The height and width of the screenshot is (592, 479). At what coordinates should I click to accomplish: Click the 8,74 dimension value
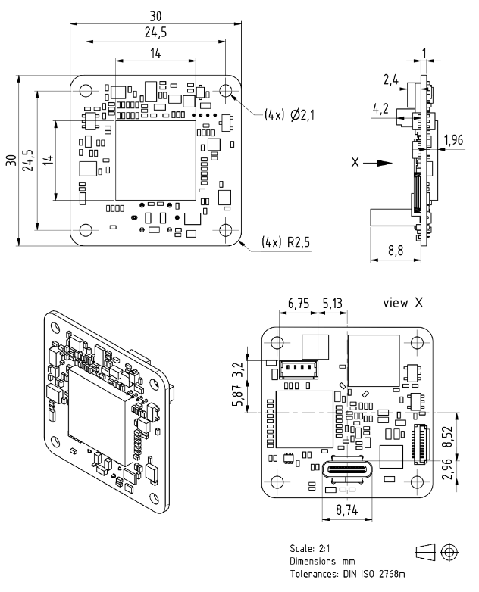(x=346, y=510)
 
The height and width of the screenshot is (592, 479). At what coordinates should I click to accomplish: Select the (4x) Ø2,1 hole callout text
(x=290, y=114)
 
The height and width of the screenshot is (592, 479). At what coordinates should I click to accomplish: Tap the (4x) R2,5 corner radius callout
(x=286, y=241)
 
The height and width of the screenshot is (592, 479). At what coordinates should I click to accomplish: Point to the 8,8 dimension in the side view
(x=396, y=251)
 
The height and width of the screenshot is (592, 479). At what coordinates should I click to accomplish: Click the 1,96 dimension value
(x=453, y=140)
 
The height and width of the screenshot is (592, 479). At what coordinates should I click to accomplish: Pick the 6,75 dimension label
(x=299, y=303)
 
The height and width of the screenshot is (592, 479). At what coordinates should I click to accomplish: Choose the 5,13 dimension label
(x=332, y=303)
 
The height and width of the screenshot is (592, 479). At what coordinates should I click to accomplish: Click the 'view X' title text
(x=402, y=302)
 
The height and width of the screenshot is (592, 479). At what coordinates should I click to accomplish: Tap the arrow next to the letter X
(x=378, y=163)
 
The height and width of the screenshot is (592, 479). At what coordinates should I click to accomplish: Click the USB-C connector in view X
(x=346, y=470)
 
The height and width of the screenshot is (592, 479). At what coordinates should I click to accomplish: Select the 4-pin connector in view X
(x=299, y=369)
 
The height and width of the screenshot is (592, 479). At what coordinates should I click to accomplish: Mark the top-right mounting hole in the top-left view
(x=226, y=91)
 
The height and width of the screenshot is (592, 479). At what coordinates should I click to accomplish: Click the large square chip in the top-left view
(x=155, y=160)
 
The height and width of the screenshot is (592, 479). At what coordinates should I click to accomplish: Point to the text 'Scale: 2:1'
(x=310, y=548)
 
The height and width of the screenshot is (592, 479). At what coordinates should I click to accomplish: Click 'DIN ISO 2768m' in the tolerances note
(x=374, y=574)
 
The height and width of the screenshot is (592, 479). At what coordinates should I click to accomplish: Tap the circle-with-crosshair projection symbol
(x=449, y=553)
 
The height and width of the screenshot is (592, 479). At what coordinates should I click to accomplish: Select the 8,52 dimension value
(x=448, y=437)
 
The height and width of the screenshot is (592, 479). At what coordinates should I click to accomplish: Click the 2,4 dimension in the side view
(x=390, y=80)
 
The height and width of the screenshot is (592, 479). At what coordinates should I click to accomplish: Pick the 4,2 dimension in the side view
(x=380, y=109)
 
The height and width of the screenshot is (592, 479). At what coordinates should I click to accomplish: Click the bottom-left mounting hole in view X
(x=277, y=482)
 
